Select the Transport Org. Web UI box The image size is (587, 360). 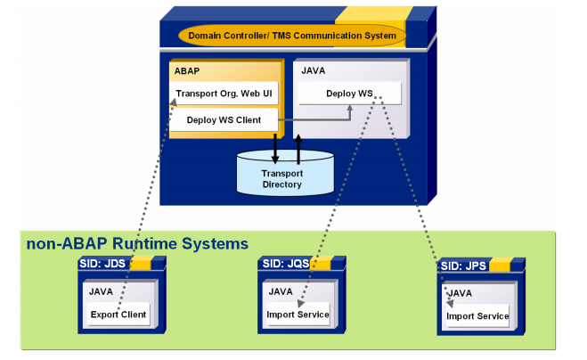(x=224, y=94)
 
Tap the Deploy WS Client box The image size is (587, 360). (x=224, y=119)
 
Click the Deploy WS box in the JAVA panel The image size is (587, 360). (x=348, y=94)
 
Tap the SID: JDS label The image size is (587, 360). (x=105, y=265)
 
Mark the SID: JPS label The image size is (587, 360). (x=464, y=266)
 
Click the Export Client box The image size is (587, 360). (x=118, y=314)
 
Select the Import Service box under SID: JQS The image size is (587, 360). (x=298, y=314)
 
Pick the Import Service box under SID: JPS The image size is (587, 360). (x=477, y=315)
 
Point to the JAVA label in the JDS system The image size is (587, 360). (x=102, y=290)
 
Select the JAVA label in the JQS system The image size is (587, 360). (x=281, y=290)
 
